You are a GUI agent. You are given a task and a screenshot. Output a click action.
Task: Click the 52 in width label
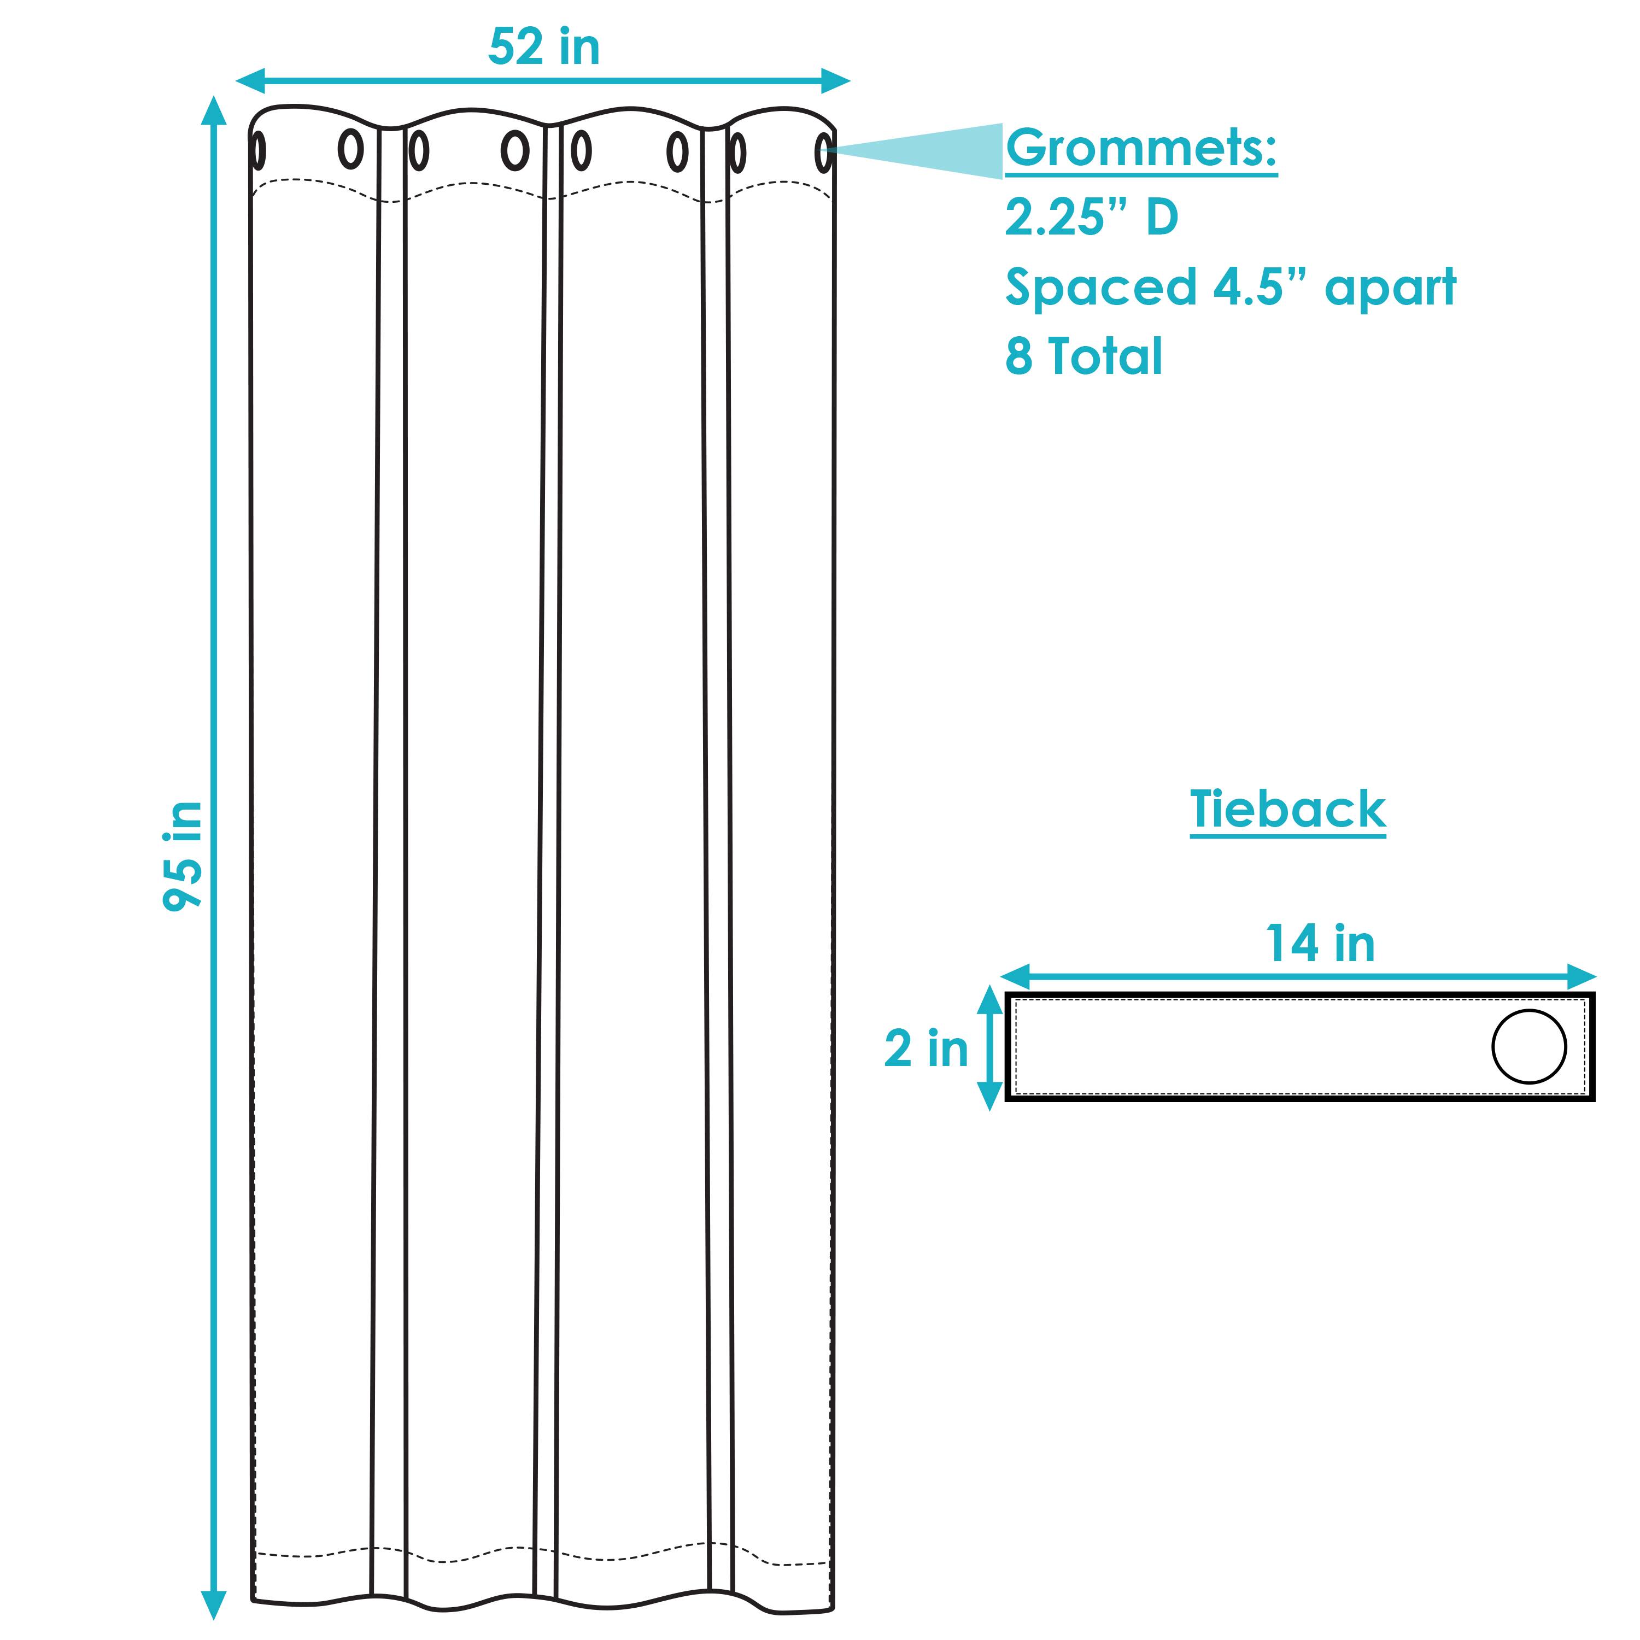tap(543, 48)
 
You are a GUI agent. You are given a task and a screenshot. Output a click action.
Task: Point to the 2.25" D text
tap(1092, 218)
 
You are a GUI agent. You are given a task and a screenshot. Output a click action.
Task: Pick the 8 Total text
tap(1083, 356)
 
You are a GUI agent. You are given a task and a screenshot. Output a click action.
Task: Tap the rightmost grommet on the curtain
tap(823, 154)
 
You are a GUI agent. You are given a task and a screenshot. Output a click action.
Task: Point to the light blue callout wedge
tap(934, 151)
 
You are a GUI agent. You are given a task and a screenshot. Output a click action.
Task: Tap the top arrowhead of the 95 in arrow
tap(213, 110)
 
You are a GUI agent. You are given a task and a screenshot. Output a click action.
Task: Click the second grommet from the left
tap(350, 149)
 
